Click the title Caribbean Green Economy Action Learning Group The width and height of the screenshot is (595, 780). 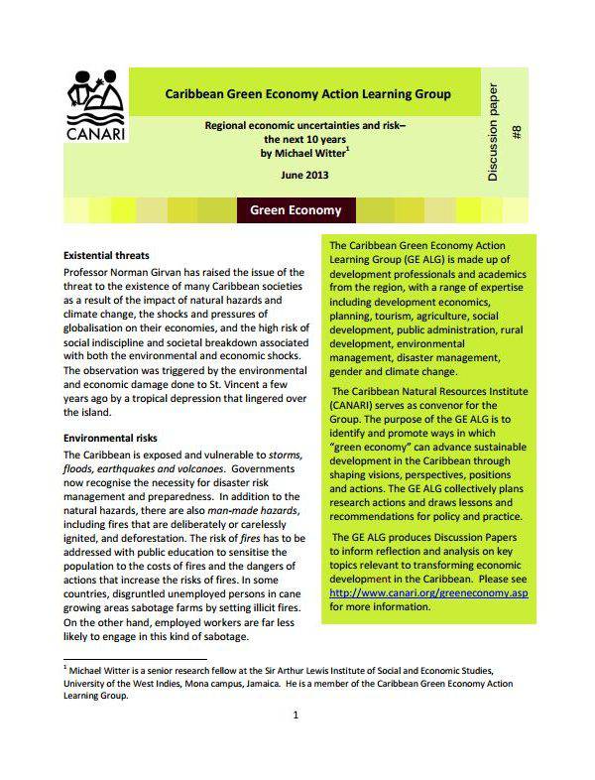[307, 94]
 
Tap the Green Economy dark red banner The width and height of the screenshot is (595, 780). [296, 210]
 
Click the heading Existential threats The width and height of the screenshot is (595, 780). [108, 255]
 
